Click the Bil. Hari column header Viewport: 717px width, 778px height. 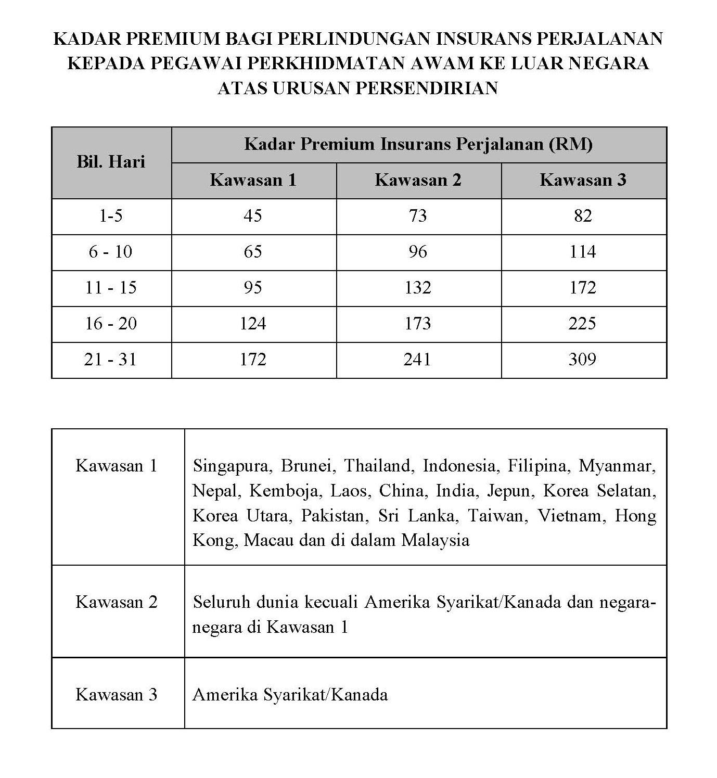coord(111,162)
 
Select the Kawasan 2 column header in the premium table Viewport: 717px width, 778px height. coord(418,180)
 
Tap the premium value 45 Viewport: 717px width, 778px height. coord(253,216)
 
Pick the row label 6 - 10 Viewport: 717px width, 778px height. coord(110,252)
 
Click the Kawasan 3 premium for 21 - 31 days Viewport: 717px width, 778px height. coord(582,360)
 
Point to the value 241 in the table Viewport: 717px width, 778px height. coord(417,360)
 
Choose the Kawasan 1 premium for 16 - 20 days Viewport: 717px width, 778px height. coord(253,324)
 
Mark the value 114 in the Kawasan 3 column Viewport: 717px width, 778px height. coord(582,252)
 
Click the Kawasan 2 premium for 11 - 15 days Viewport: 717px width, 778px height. coord(417,288)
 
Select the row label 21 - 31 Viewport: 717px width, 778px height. coord(110,360)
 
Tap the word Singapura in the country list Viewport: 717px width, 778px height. coord(232,466)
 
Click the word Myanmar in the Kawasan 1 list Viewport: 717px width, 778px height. coord(617,466)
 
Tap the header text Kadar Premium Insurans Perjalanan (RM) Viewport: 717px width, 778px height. coord(418,144)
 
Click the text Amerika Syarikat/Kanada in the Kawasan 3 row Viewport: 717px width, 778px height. coord(290,695)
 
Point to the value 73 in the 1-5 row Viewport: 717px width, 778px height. coord(417,216)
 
